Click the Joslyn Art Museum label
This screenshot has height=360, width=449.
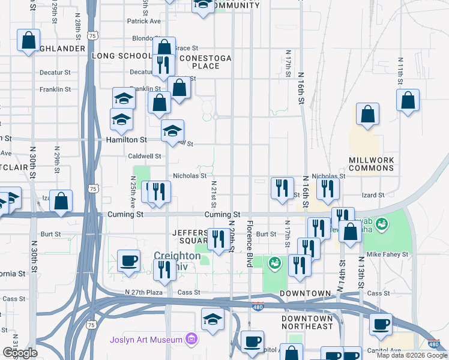(146, 340)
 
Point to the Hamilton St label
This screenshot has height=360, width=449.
(127, 140)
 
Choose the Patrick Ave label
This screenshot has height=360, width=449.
(144, 21)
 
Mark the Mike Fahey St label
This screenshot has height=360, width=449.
(388, 254)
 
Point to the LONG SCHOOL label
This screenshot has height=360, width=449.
(122, 56)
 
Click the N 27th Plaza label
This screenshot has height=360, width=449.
(144, 292)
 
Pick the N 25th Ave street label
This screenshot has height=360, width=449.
(134, 188)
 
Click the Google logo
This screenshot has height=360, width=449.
(20, 353)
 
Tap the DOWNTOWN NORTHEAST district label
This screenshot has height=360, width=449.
(307, 322)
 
